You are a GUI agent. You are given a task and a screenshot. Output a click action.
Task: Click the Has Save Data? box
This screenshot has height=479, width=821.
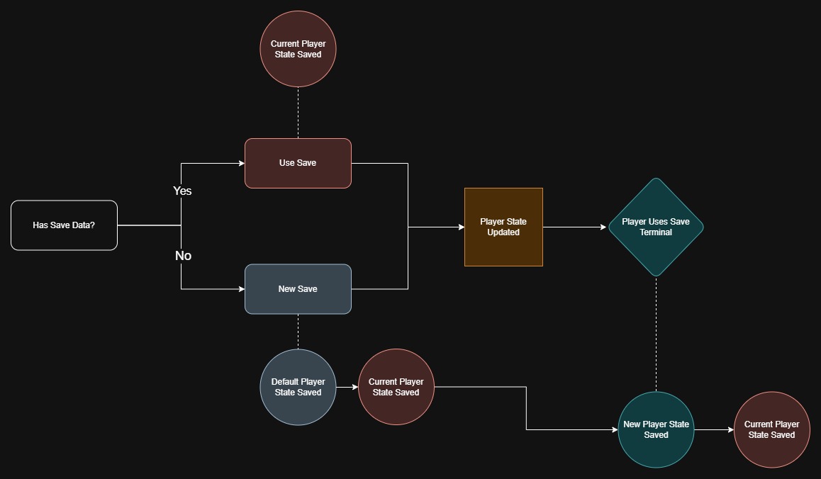click(64, 225)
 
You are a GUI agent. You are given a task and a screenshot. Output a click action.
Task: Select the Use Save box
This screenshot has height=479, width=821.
click(298, 163)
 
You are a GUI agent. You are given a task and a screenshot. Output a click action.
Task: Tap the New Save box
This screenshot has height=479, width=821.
click(298, 289)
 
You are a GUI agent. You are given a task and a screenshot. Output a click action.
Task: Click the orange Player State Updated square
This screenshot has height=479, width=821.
click(503, 227)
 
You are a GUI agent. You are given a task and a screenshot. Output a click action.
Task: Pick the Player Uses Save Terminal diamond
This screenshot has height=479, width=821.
click(656, 227)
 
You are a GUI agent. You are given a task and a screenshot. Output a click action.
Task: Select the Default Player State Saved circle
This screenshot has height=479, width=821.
click(298, 387)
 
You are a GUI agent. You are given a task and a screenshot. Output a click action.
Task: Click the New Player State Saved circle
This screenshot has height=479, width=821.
click(656, 429)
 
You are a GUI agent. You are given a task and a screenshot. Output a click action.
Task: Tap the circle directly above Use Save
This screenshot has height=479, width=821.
click(298, 49)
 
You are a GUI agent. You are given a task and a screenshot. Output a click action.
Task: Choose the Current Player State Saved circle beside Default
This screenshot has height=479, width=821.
click(396, 387)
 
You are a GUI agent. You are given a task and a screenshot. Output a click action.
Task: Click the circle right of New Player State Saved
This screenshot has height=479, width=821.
click(771, 429)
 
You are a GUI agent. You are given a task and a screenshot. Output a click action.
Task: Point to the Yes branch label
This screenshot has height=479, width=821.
click(182, 191)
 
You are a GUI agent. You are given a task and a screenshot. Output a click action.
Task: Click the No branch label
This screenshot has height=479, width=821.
click(183, 256)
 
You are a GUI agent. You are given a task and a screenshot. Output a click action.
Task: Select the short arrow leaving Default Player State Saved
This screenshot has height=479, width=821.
click(347, 387)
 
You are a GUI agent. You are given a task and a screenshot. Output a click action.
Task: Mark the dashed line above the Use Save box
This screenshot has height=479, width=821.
click(298, 113)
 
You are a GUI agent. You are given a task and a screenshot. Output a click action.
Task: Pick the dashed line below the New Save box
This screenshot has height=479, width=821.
click(298, 332)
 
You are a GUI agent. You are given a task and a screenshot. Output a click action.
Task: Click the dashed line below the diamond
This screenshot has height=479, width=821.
click(656, 333)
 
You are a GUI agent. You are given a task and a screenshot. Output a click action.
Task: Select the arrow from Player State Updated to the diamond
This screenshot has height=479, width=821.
click(575, 227)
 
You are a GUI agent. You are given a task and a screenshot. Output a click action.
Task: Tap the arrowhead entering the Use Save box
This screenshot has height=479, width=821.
click(241, 163)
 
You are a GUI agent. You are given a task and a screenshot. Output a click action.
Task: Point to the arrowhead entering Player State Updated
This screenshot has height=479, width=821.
click(460, 227)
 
